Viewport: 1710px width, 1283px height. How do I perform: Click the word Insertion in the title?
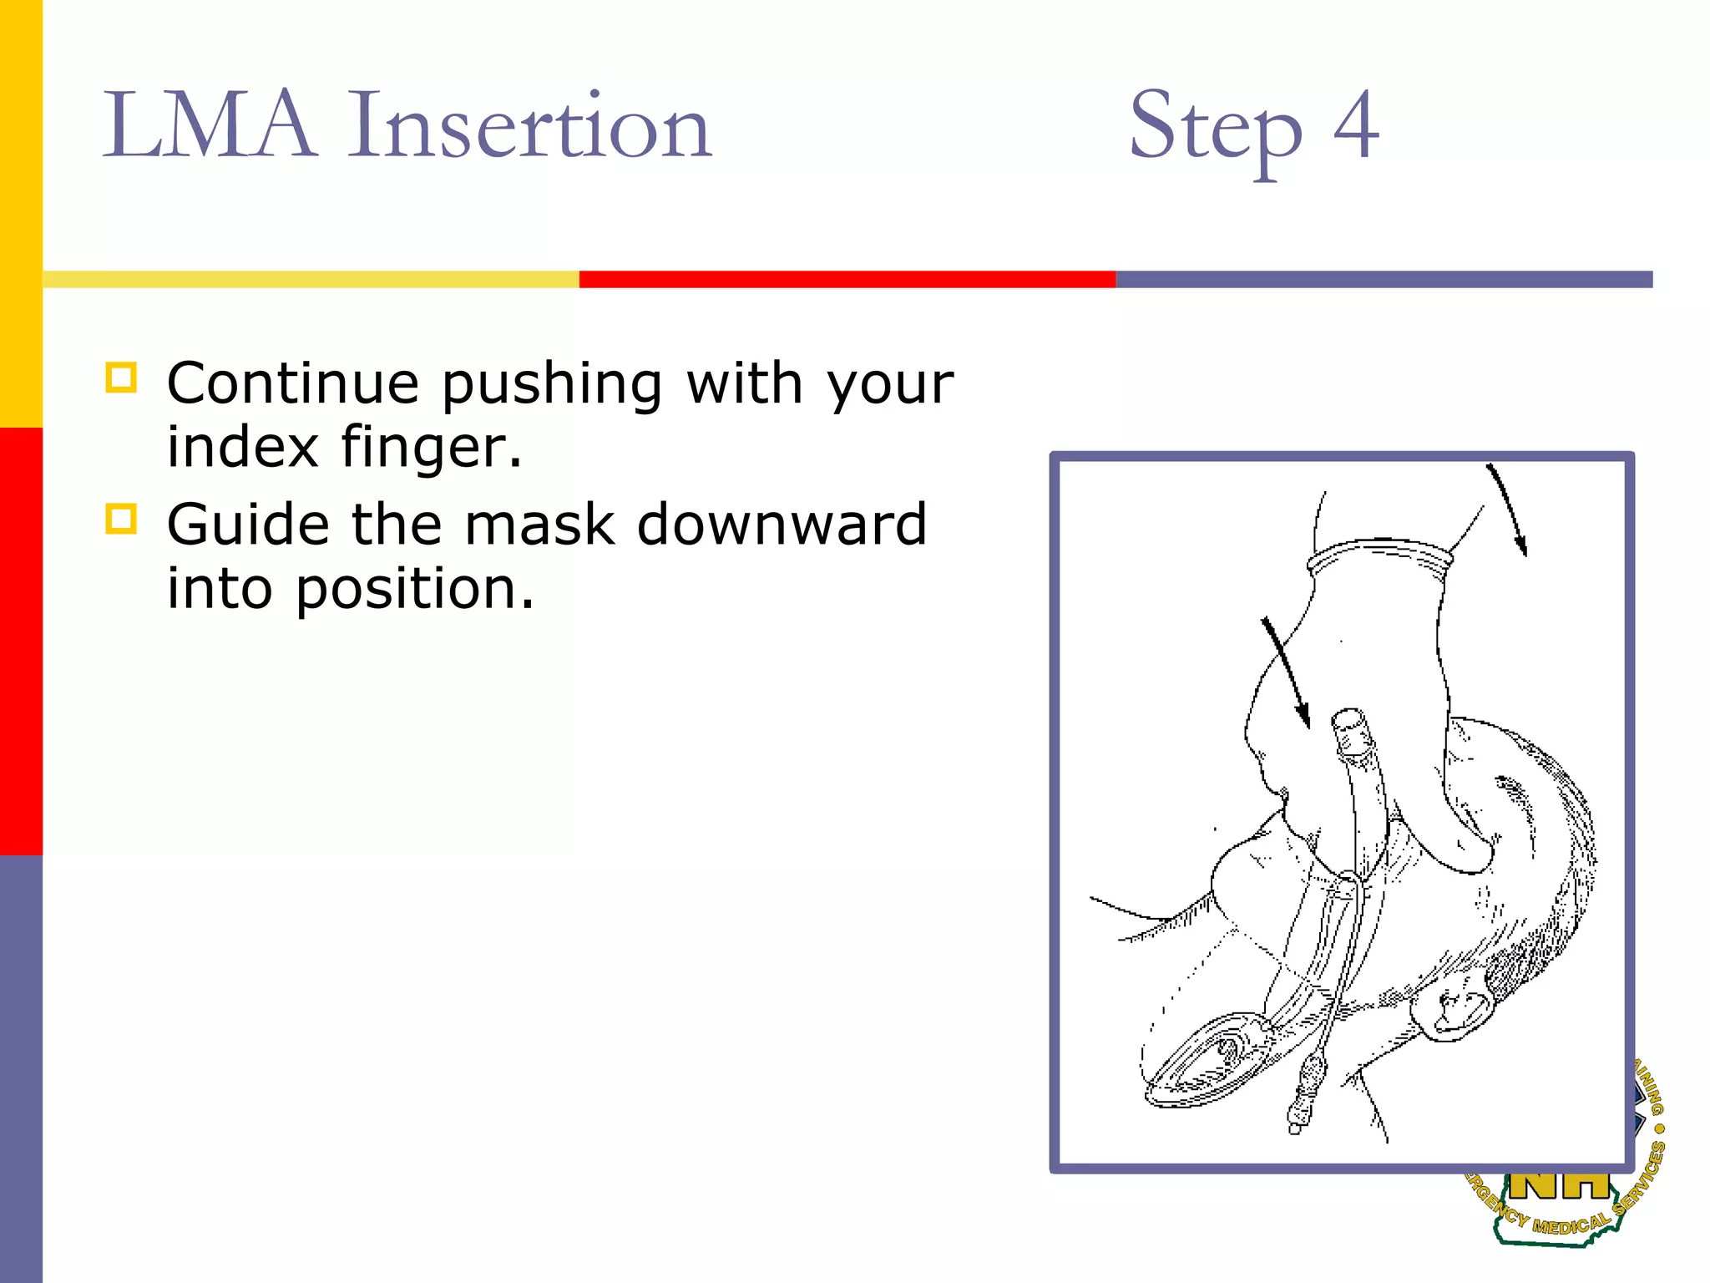pos(529,127)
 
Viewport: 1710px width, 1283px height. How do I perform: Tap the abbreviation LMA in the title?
pos(209,127)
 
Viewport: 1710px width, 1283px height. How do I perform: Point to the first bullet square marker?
pos(121,378)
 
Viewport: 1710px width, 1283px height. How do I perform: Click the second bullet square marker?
pos(121,519)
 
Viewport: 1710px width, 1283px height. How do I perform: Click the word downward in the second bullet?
pos(782,525)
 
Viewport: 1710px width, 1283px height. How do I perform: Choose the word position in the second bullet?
pos(414,590)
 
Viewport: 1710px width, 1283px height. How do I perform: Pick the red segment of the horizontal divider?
pos(847,279)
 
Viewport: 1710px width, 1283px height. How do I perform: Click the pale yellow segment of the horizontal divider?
pos(311,279)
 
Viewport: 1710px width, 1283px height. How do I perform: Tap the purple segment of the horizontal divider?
pos(1384,279)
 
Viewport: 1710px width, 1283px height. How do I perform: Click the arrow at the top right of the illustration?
pos(1508,510)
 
